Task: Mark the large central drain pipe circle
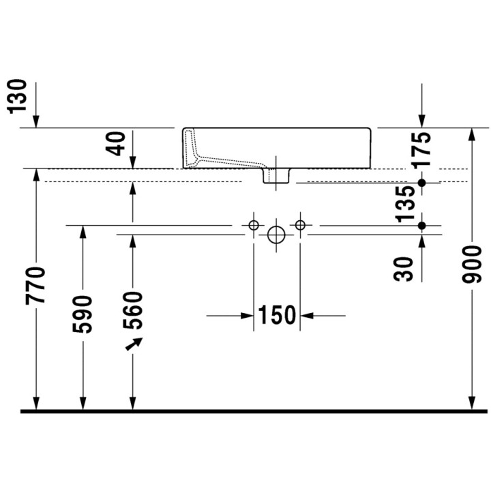click(276, 235)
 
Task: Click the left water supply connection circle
click(254, 225)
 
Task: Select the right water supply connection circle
click(299, 225)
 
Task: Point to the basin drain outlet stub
click(276, 176)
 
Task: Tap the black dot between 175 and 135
click(422, 182)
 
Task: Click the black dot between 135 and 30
click(422, 225)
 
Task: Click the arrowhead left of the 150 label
click(248, 315)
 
